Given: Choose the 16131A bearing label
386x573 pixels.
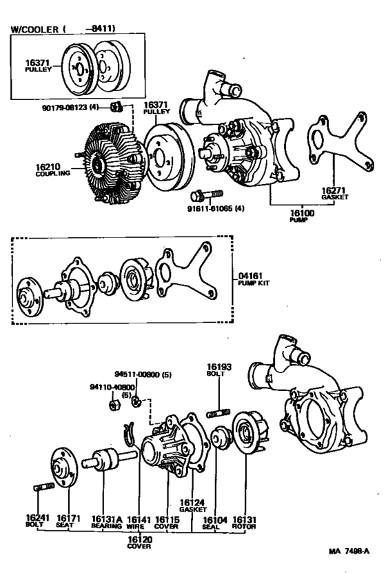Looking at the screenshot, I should point(106,519).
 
